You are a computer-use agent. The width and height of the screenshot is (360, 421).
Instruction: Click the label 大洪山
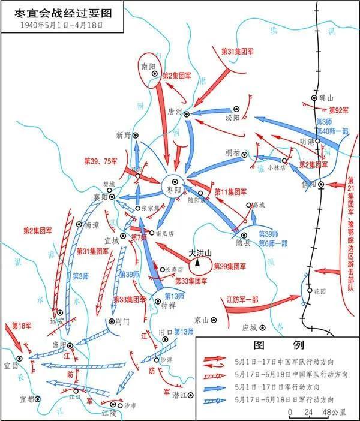pos(200,254)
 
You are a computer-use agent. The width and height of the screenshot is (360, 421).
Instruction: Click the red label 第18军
pos(22,326)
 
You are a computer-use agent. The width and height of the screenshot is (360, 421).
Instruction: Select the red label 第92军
pos(338,110)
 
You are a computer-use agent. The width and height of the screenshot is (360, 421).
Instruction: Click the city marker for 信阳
pos(322,185)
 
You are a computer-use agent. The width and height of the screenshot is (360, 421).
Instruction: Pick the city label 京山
pos(202,320)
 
